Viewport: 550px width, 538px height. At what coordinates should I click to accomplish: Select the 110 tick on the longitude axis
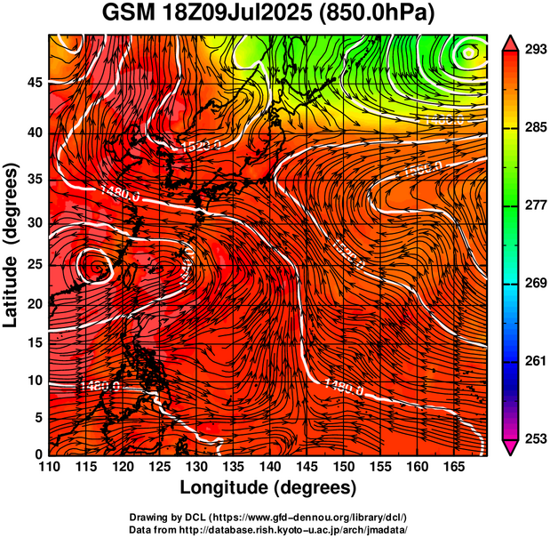[49, 466]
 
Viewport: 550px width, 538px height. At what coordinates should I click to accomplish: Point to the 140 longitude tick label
[268, 466]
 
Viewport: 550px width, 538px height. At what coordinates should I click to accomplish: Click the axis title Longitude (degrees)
[268, 487]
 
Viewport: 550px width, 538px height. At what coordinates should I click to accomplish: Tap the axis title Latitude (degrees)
[12, 245]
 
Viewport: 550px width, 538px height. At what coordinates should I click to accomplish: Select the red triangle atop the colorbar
[512, 41]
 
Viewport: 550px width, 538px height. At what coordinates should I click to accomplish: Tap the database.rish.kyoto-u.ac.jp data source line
[268, 529]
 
